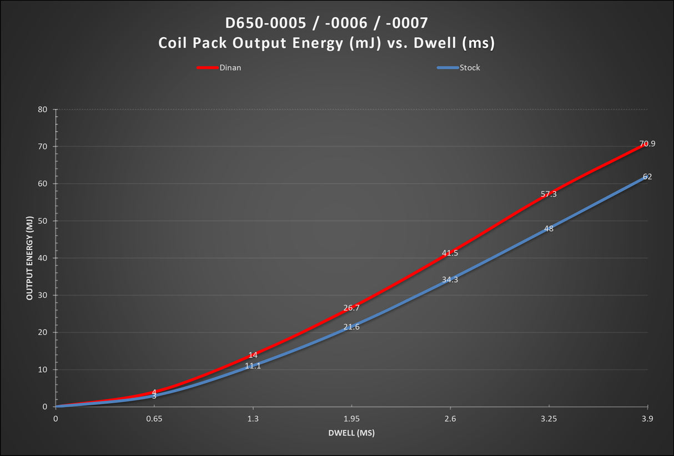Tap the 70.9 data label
[x=647, y=144]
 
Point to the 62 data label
[x=647, y=177]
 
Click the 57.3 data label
[x=549, y=194]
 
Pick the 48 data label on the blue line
[x=549, y=228]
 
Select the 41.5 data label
[x=450, y=253]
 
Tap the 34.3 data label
[x=450, y=279]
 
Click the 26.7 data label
[x=351, y=308]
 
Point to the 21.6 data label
[x=351, y=327]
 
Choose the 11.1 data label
[x=253, y=365]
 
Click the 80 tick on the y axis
[x=43, y=109]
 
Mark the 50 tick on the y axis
[x=43, y=221]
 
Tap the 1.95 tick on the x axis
[x=351, y=419]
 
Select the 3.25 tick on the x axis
[x=549, y=419]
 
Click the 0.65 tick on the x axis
[x=154, y=419]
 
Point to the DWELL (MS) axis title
[x=351, y=433]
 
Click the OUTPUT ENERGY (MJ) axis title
[x=29, y=258]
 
